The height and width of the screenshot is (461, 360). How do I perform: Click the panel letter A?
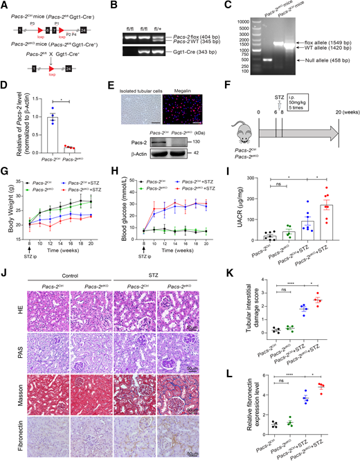coord(4,5)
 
